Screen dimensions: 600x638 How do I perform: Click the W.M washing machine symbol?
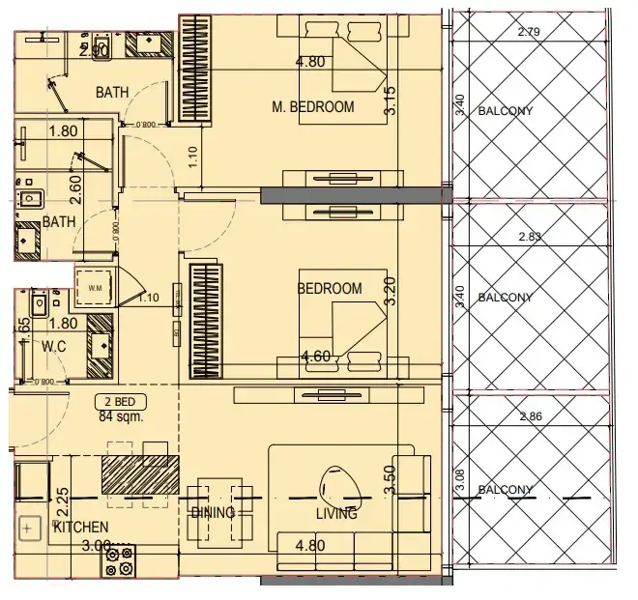96,288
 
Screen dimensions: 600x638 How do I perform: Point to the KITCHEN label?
80,528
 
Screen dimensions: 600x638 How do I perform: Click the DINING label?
213,513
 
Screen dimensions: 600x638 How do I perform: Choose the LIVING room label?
335,514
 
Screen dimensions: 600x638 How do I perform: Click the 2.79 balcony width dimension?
529,32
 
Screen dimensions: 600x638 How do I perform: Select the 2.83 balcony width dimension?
529,237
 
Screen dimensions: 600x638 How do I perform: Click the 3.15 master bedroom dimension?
391,101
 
